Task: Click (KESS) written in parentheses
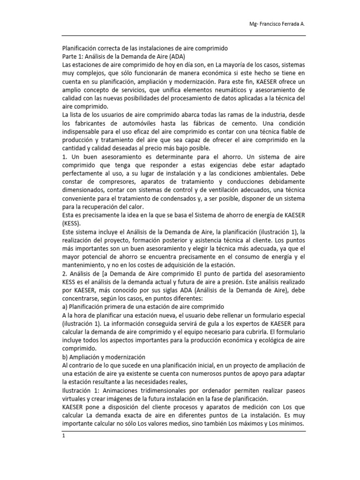tap(73, 224)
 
